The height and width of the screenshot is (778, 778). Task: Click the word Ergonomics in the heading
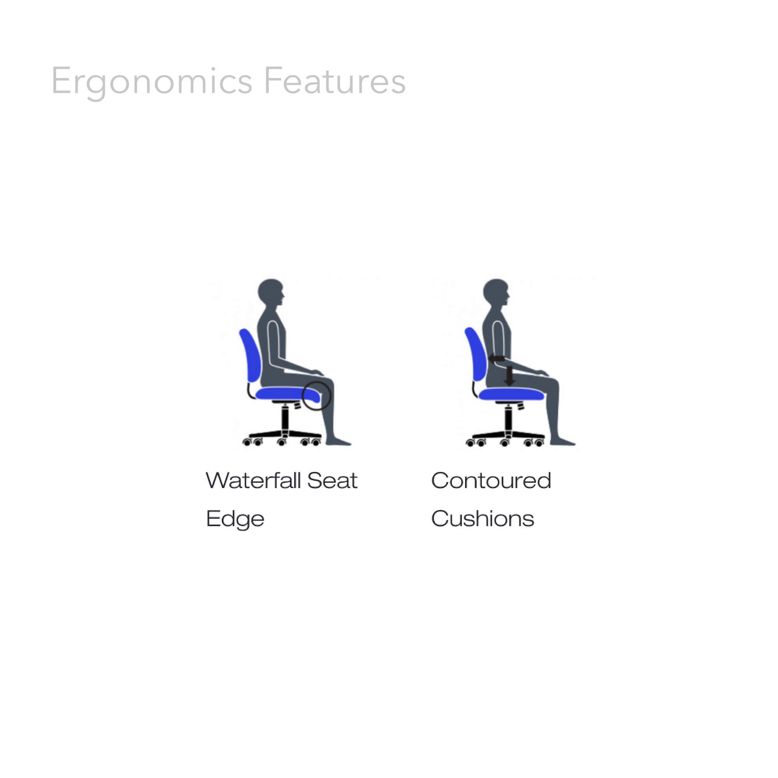[151, 82]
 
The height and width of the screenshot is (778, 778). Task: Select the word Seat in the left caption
[332, 481]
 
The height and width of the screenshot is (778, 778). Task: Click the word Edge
[235, 519]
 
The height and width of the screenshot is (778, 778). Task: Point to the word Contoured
[491, 481]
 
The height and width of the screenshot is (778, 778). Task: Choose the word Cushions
[482, 519]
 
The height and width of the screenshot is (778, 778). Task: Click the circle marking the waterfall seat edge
[316, 396]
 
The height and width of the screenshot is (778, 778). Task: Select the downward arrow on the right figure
[510, 376]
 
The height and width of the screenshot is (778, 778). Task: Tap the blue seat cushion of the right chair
[511, 394]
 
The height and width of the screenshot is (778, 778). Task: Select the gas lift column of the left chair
[285, 419]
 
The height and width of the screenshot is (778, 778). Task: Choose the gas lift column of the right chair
[508, 419]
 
